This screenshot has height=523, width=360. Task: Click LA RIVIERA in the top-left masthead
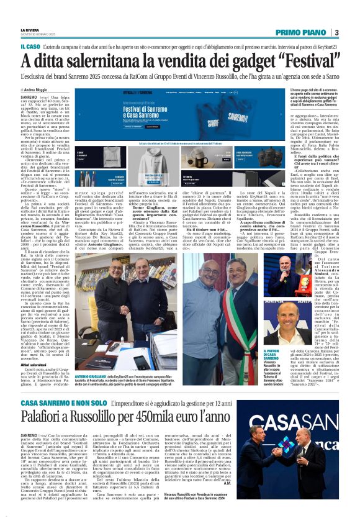click(x=30, y=30)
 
